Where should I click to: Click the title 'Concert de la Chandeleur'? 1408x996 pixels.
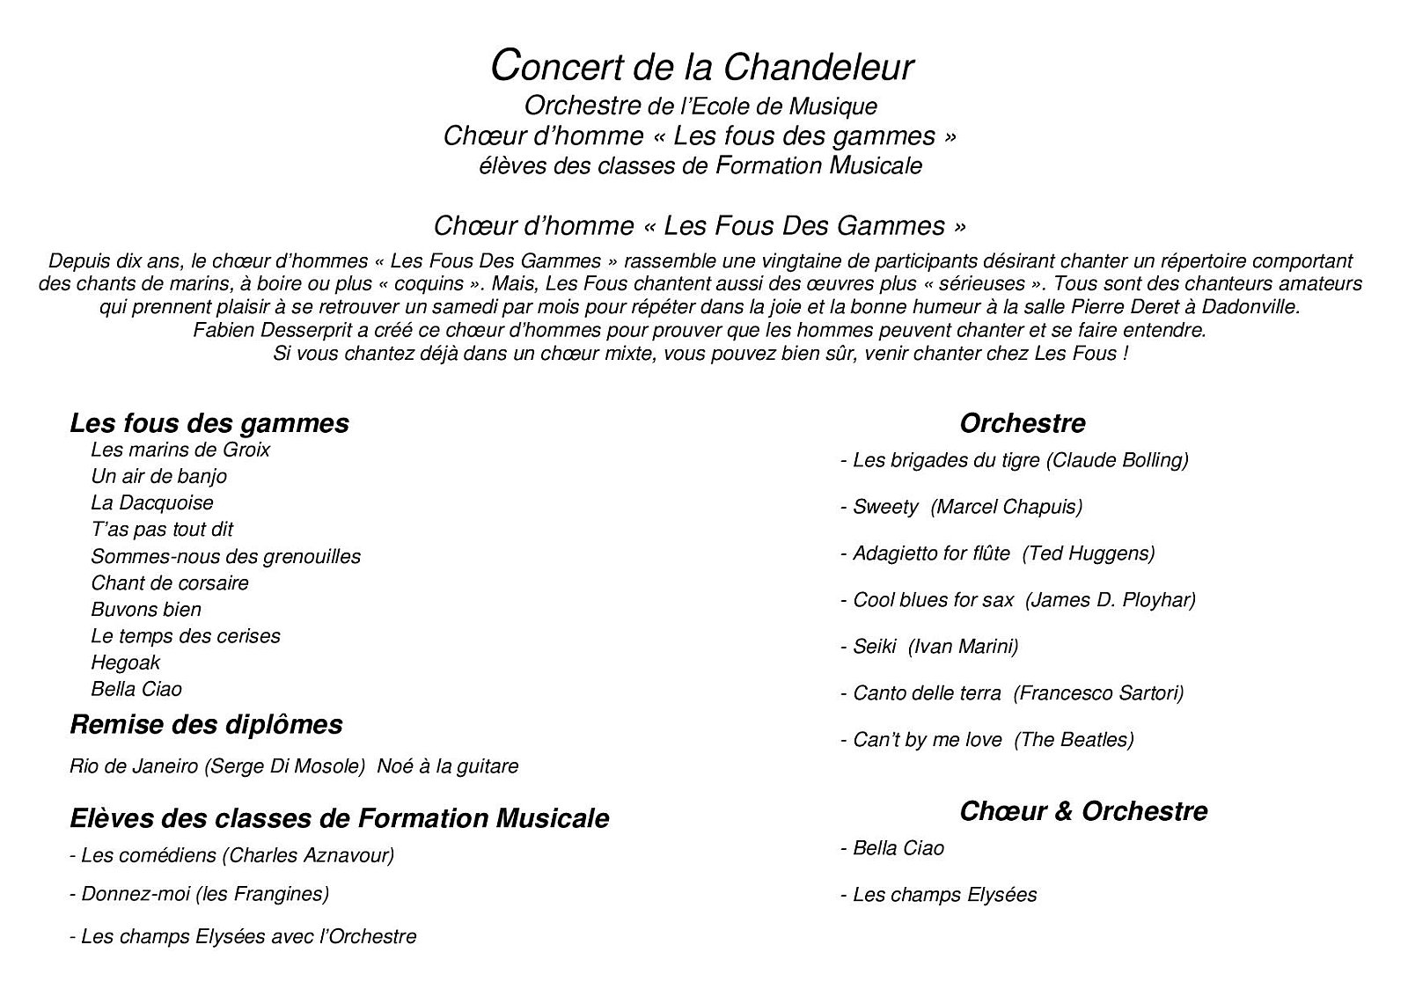[701, 67]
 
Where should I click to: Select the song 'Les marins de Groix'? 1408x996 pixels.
[180, 450]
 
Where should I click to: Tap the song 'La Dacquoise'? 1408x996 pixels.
[151, 502]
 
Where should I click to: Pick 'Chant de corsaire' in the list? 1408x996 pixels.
[169, 582]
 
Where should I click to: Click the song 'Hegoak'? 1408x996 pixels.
[125, 663]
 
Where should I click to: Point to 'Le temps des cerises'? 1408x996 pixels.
[185, 636]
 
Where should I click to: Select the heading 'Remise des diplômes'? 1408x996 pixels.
[206, 724]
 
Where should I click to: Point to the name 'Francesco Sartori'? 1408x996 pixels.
[1098, 693]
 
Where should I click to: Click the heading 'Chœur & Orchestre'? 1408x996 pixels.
[1083, 810]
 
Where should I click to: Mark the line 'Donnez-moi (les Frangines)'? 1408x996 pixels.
[199, 895]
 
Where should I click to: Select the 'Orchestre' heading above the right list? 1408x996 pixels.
[1022, 423]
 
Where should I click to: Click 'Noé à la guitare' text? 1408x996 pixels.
[448, 766]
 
